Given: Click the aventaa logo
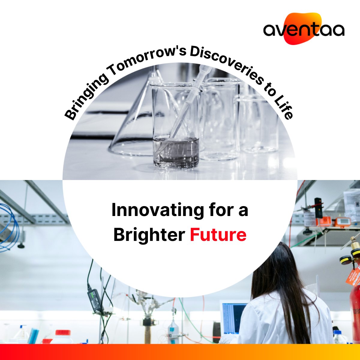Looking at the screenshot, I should pos(304,29).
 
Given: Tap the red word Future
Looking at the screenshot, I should pos(218,235).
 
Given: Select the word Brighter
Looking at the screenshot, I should pos(149,235).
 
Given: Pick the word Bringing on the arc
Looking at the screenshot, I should pos(85,96).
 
